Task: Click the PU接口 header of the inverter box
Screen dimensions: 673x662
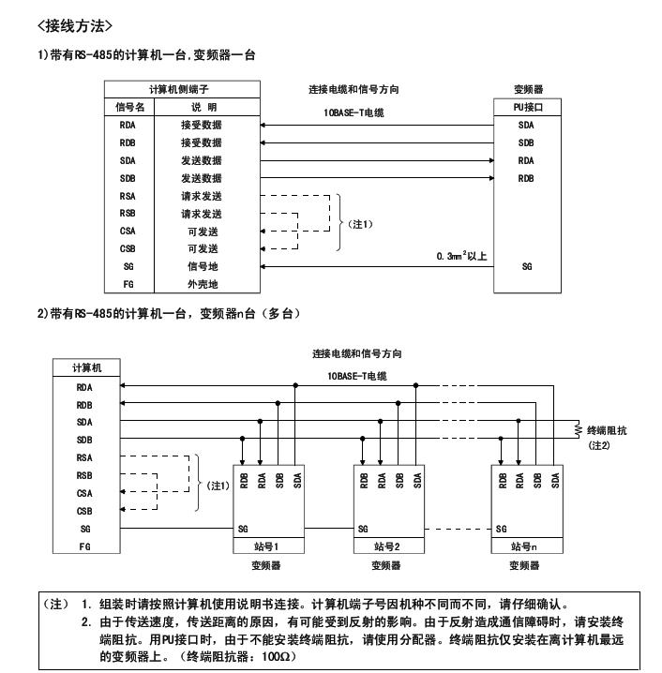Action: point(526,107)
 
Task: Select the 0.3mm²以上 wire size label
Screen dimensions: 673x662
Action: point(462,255)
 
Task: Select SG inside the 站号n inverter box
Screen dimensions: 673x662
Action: point(502,529)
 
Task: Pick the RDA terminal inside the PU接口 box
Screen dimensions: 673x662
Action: point(526,160)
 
